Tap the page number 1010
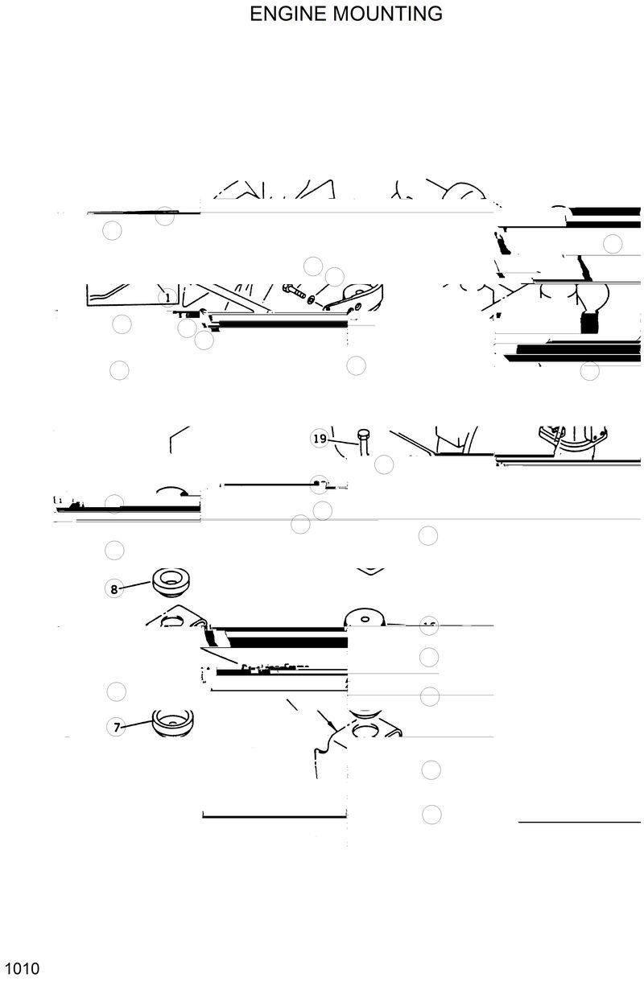(x=21, y=968)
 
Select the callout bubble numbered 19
(x=320, y=439)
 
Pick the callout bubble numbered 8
(x=114, y=588)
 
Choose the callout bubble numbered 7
(x=117, y=727)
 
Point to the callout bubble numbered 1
(x=167, y=298)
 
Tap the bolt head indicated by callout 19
(x=363, y=434)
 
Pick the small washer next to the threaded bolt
(x=312, y=299)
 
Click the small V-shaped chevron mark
(x=369, y=571)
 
